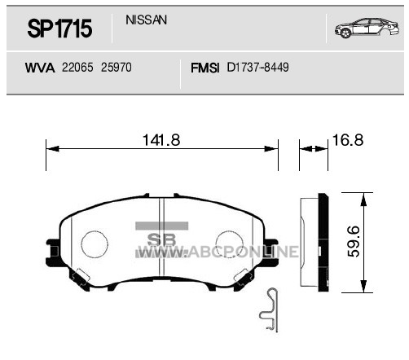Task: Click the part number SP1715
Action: [x=59, y=29]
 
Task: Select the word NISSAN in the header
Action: [x=146, y=20]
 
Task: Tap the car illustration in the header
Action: [x=367, y=28]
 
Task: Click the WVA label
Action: [x=40, y=68]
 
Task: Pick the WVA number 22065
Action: [x=77, y=68]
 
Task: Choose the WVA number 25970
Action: [x=117, y=68]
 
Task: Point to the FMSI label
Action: [x=204, y=68]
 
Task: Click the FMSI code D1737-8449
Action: [x=257, y=68]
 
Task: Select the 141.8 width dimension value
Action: [x=161, y=140]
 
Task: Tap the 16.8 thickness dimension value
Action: [x=348, y=140]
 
